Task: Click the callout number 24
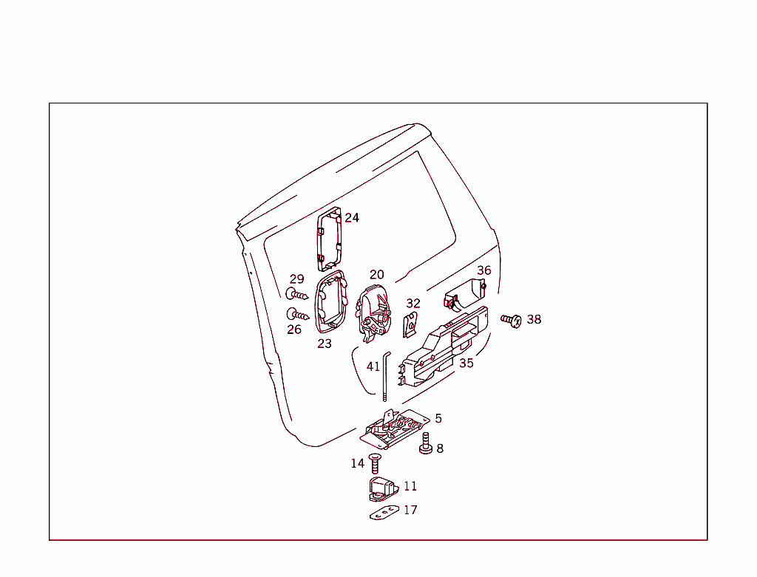[351, 218]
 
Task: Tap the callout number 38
[534, 319]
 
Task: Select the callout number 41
[373, 366]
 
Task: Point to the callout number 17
[410, 510]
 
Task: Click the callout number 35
[466, 363]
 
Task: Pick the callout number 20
[376, 275]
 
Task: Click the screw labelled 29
[297, 294]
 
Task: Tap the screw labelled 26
[298, 315]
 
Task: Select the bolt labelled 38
[512, 320]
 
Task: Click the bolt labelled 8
[425, 443]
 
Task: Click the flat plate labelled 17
[384, 512]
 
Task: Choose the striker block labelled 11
[382, 488]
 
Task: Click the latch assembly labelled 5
[395, 429]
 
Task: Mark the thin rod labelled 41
[385, 376]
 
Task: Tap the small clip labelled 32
[410, 324]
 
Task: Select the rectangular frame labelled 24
[329, 239]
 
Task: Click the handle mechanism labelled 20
[373, 313]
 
